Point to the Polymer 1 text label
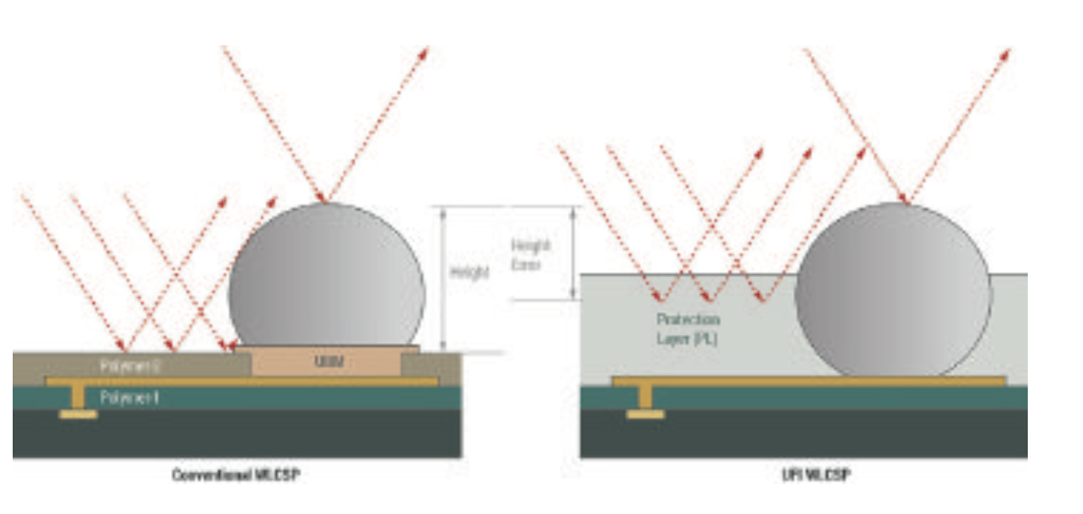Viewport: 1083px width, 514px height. coord(129,397)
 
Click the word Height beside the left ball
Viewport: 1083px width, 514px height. coord(469,272)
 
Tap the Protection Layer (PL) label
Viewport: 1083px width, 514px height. coord(689,328)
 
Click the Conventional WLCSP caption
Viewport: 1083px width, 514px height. coord(235,474)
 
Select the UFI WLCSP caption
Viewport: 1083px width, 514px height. coord(804,474)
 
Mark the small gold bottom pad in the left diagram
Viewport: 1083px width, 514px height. coord(80,414)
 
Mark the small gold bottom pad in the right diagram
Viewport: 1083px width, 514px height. coord(645,414)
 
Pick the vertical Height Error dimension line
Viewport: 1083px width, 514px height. coord(572,252)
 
